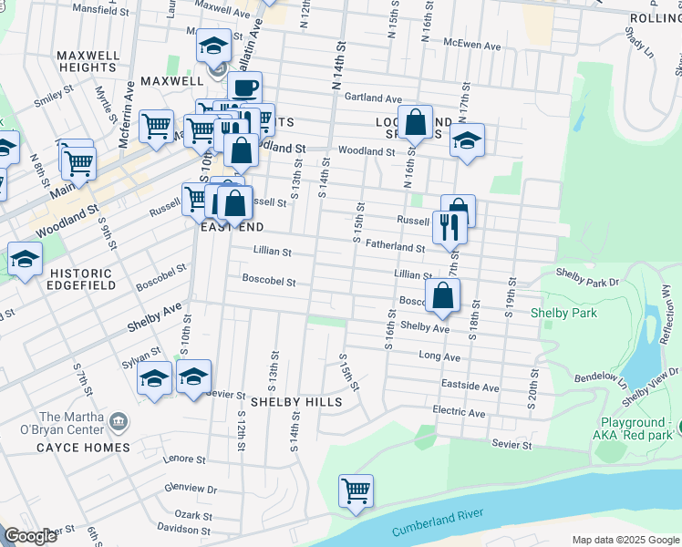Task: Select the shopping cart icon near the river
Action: click(356, 490)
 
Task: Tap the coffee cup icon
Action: click(243, 88)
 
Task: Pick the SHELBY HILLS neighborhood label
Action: click(296, 401)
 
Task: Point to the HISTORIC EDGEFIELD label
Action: click(83, 279)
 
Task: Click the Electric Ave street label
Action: click(459, 413)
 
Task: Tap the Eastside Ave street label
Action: click(470, 387)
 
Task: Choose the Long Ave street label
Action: click(439, 356)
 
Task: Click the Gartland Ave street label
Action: click(373, 98)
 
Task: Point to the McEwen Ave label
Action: click(473, 46)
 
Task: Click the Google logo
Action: click(31, 536)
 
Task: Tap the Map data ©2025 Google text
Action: click(624, 540)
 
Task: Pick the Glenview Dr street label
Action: click(192, 490)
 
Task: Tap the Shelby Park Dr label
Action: click(587, 282)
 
